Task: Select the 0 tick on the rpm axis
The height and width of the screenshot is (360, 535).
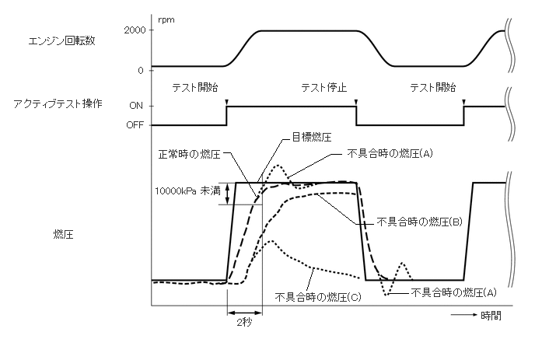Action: point(139,71)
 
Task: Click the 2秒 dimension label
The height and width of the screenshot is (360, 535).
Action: point(243,320)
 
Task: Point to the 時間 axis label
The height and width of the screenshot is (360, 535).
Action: point(491,315)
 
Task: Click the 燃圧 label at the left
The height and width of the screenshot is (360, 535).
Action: point(64,232)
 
